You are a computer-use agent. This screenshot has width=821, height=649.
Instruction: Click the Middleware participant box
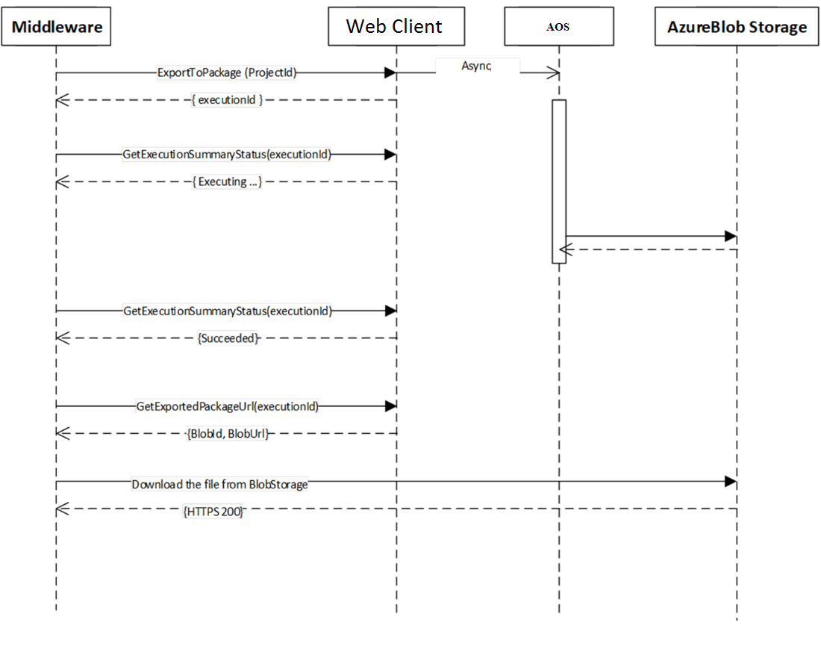tap(56, 28)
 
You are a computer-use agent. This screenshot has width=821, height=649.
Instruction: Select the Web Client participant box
tap(396, 28)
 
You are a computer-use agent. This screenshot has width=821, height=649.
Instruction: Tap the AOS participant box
tap(558, 28)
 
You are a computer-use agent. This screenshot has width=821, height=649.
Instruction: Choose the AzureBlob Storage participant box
tap(736, 28)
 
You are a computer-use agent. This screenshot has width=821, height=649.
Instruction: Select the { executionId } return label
tap(228, 100)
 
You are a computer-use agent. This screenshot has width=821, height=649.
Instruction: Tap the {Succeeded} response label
tap(228, 338)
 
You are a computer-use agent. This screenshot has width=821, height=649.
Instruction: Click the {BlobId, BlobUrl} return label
tap(228, 434)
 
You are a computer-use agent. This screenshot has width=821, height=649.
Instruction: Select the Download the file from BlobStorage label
tap(219, 484)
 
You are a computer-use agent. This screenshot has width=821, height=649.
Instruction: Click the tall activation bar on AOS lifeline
tap(559, 181)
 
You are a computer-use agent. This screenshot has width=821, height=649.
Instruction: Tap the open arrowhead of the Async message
tap(554, 72)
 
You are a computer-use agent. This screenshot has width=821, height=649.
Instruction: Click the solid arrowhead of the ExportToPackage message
tap(390, 72)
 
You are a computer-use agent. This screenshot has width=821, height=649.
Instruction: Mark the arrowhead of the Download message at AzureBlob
tap(731, 482)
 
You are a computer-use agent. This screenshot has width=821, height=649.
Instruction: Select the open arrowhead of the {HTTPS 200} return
tap(63, 509)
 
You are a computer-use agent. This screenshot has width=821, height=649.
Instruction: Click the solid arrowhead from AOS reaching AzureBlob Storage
tap(731, 236)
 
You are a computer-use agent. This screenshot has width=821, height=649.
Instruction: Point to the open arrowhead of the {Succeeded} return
tap(63, 338)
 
